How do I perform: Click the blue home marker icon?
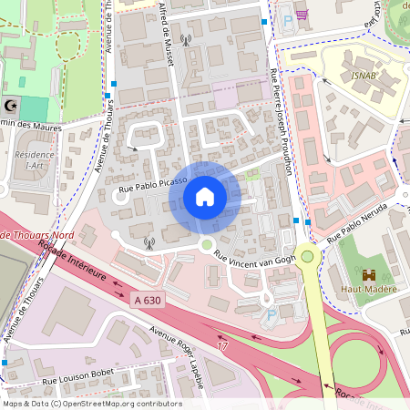(x=205, y=197)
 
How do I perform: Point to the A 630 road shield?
(x=147, y=298)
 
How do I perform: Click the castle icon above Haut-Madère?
(x=369, y=274)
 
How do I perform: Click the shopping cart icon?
(x=302, y=15)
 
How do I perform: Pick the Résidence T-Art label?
(x=36, y=159)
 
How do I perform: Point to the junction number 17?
(x=222, y=346)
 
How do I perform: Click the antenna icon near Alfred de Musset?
(x=186, y=40)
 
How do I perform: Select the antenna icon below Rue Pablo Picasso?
(x=149, y=243)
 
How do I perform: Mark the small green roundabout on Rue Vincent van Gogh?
(x=207, y=244)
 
